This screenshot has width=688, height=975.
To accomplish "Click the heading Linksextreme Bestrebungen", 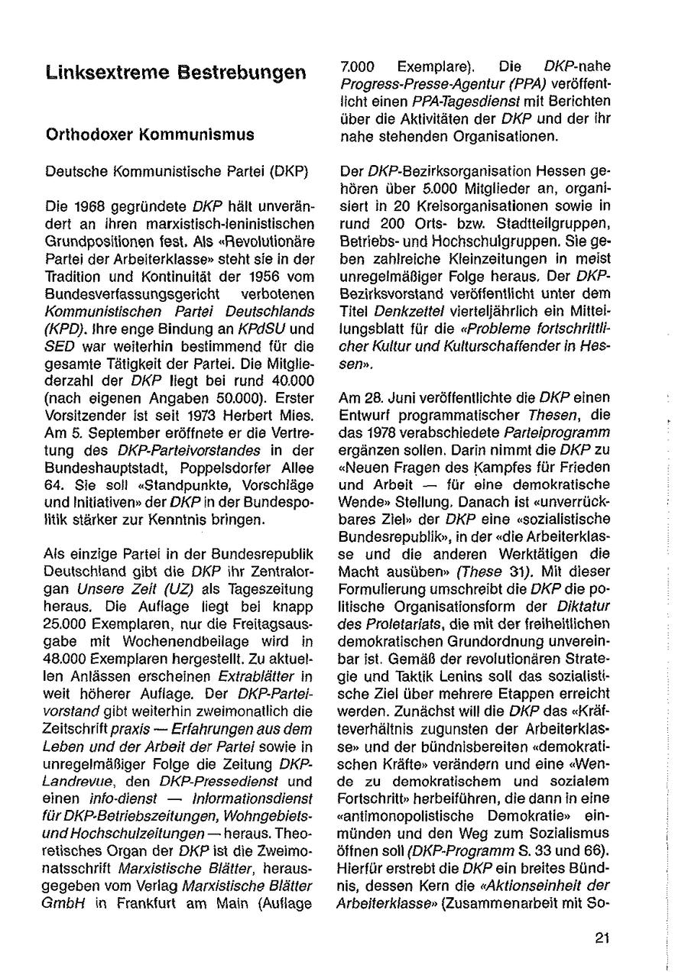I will click(x=176, y=73).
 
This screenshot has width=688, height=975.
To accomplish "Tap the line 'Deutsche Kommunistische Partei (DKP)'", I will click(x=177, y=172).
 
